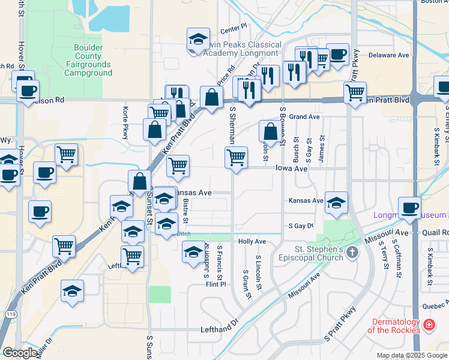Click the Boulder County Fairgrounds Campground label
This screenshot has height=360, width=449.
92,61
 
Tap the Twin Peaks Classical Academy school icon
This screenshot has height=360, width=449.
197,40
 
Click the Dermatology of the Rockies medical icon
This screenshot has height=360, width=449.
429,325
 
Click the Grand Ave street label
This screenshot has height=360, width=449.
304,116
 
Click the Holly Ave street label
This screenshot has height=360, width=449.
252,241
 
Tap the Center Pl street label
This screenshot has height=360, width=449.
234,27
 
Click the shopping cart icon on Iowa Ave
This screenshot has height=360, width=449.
236,158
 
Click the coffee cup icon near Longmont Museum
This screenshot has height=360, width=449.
409,208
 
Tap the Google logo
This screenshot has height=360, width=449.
20,353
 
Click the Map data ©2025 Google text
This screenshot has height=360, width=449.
412,355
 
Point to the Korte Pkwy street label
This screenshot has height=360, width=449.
126,123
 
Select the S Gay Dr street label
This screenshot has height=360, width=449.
301,226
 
